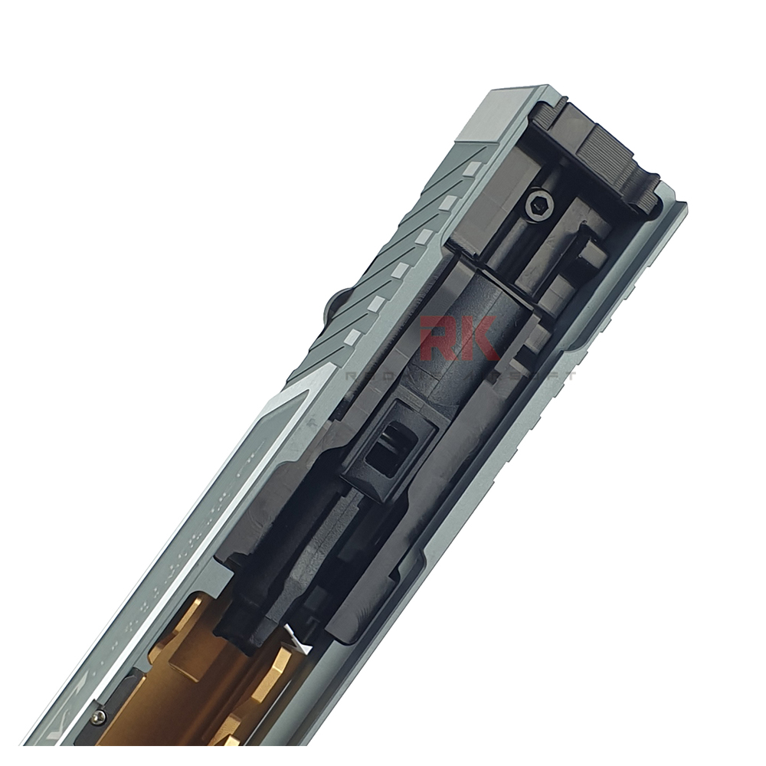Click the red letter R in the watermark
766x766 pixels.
[x=442, y=338]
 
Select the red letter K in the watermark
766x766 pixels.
[x=483, y=338]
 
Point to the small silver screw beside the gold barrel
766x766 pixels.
[x=99, y=717]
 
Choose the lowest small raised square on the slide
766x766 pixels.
[x=352, y=338]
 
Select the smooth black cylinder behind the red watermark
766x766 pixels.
[x=467, y=322]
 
